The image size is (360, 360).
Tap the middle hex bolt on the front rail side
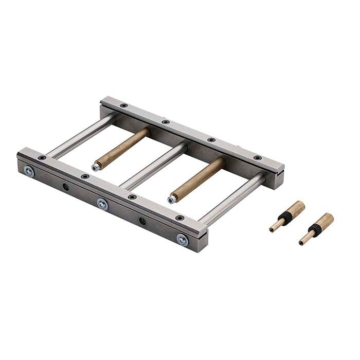[103, 204]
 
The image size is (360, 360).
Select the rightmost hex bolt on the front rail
[182, 239]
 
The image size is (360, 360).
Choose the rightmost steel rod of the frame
[231, 198]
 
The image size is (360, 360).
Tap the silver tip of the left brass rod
[96, 167]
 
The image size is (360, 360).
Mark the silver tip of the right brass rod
[171, 199]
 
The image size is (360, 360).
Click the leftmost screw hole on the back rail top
[123, 105]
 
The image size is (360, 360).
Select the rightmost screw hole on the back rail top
[257, 157]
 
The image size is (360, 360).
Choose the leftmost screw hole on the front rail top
[42, 158]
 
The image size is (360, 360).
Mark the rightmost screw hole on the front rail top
[179, 218]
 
